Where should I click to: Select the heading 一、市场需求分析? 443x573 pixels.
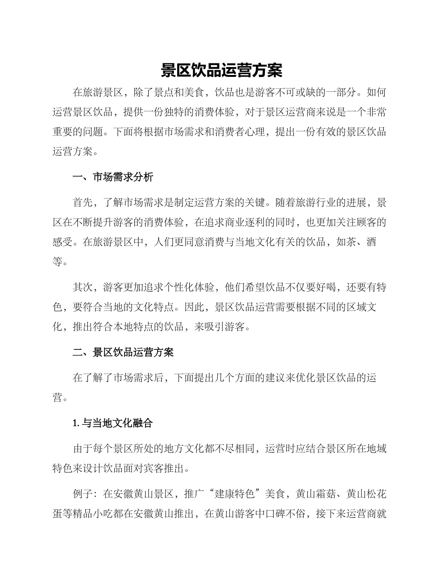pyautogui.click(x=113, y=177)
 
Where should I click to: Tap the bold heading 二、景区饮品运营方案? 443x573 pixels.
pyautogui.click(x=123, y=352)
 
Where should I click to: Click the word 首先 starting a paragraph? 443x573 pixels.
pyautogui.click(x=83, y=203)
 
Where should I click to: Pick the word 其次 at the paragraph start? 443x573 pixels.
pyautogui.click(x=83, y=287)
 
